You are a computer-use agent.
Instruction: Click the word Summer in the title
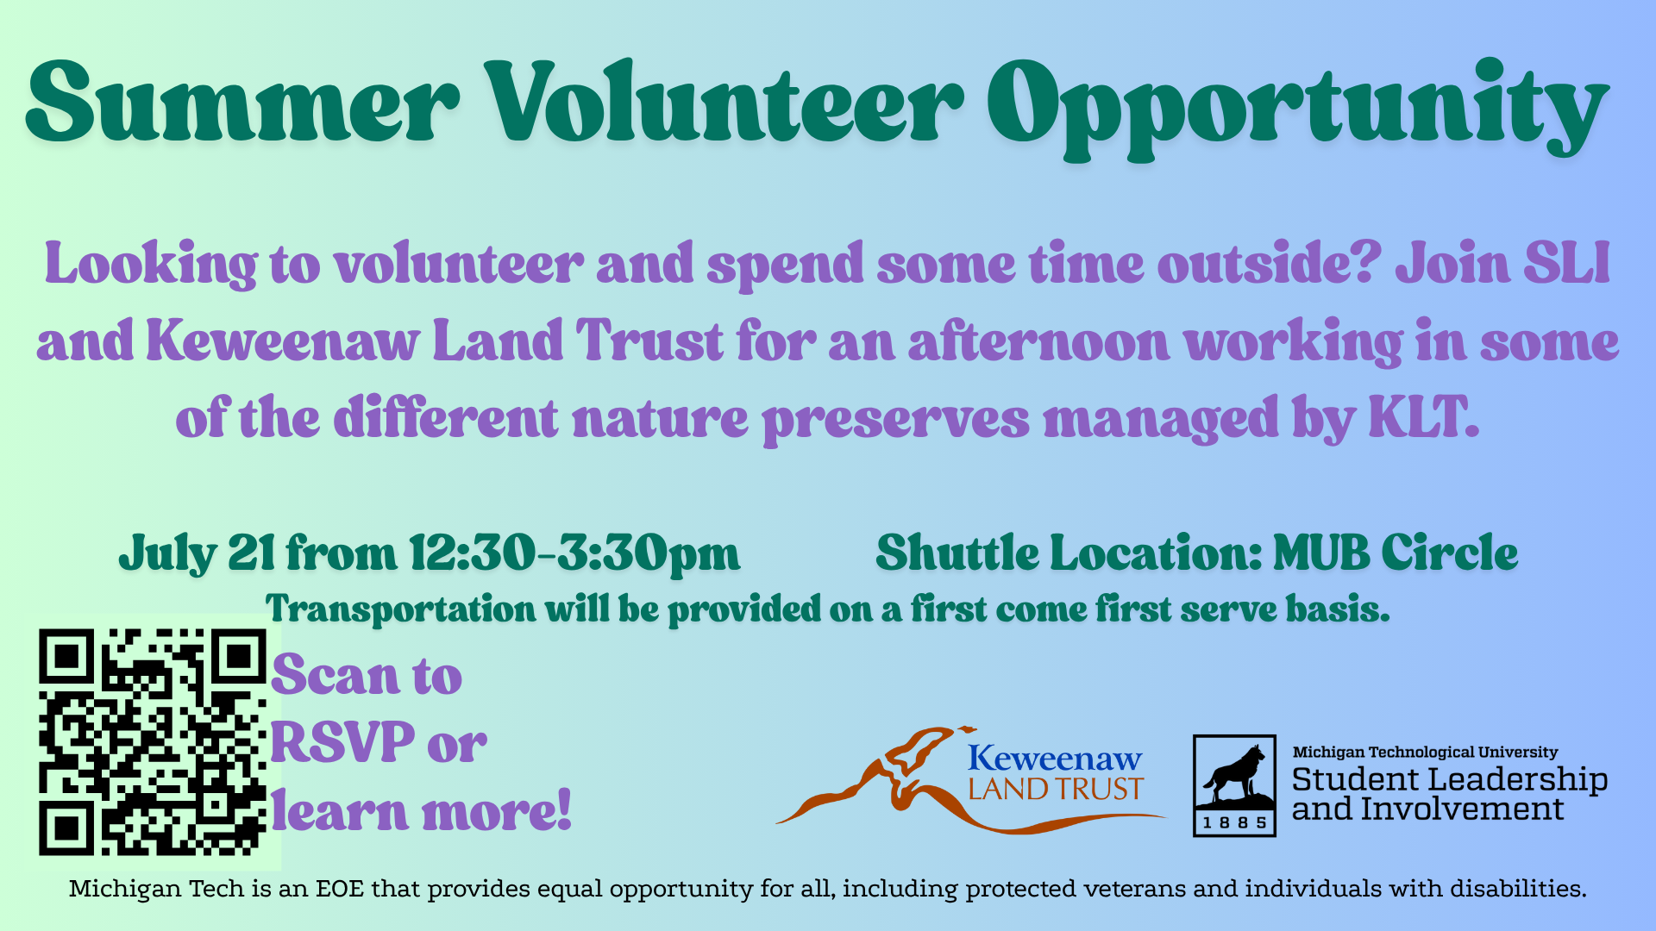[242, 102]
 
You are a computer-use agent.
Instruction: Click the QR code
[153, 742]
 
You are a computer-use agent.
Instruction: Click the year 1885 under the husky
[1234, 822]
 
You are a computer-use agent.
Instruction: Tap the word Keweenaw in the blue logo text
[1055, 758]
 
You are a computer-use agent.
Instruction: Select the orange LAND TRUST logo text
[1056, 789]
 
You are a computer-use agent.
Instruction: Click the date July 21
[198, 553]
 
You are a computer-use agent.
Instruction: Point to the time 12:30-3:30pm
[574, 553]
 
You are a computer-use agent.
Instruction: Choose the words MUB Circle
[1396, 552]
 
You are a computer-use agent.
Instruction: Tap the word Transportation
[401, 609]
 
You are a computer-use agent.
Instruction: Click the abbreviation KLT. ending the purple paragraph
[1424, 417]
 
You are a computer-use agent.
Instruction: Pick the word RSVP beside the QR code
[343, 741]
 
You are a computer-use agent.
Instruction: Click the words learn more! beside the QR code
[422, 811]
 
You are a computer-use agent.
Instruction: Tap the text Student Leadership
[1450, 779]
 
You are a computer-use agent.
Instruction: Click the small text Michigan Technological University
[1425, 752]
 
